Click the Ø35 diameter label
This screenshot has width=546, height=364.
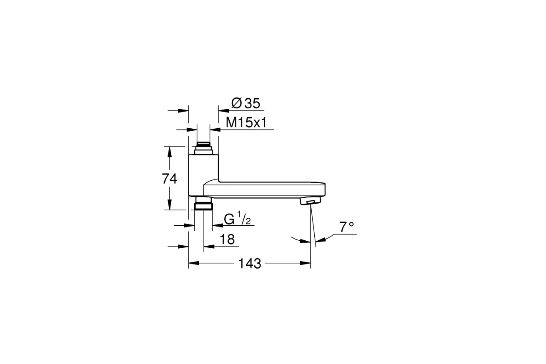246,103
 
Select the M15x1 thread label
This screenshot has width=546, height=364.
246,122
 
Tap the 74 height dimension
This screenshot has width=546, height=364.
169,179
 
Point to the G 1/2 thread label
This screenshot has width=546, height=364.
238,218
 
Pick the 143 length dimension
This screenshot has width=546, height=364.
250,264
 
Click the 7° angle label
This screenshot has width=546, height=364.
346,227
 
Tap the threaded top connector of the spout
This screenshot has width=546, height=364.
203,148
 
